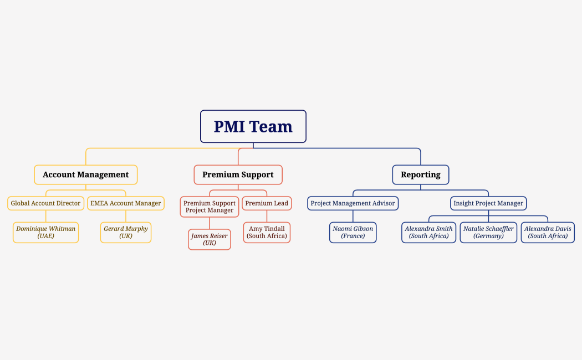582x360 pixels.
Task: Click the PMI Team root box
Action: (x=253, y=126)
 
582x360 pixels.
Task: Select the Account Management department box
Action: (x=85, y=174)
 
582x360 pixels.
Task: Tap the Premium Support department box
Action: (x=238, y=174)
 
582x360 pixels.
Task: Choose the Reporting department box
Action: (x=421, y=174)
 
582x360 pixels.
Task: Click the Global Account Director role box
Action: (x=45, y=203)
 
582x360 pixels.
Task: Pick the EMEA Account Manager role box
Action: (x=126, y=203)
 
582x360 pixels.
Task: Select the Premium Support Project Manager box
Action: (x=210, y=207)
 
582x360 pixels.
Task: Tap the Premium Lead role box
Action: (x=267, y=203)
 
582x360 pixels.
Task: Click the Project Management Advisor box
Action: (x=353, y=203)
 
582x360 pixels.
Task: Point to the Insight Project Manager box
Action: (x=488, y=203)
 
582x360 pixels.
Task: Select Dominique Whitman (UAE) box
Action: (x=45, y=232)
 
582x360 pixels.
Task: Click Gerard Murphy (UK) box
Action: (x=126, y=232)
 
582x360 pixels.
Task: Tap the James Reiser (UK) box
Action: (x=210, y=239)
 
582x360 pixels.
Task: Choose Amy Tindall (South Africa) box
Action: (x=267, y=232)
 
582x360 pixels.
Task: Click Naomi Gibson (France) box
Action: (x=353, y=232)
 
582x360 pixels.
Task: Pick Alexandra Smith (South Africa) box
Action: (x=428, y=232)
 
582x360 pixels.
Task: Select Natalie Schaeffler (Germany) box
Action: (x=488, y=232)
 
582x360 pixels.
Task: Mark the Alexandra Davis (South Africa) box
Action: (x=548, y=232)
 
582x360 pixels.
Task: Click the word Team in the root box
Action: (x=271, y=127)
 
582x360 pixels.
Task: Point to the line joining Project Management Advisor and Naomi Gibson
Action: (x=353, y=216)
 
